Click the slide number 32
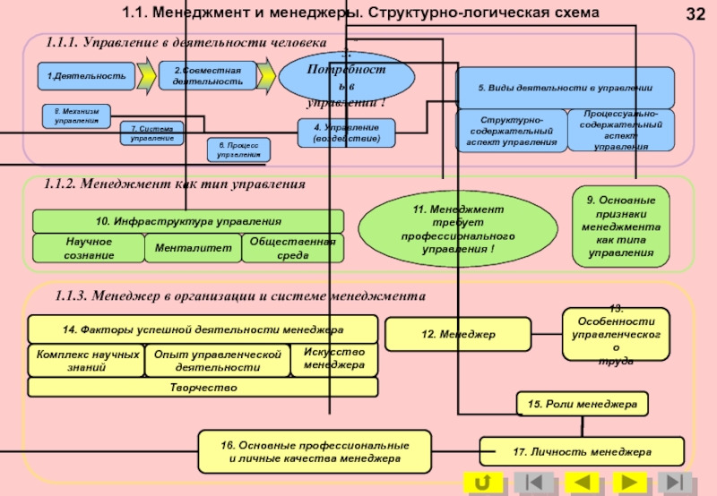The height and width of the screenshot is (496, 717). coord(695,14)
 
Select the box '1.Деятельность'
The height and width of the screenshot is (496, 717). coord(86,76)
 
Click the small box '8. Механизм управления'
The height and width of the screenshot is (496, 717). coord(76,116)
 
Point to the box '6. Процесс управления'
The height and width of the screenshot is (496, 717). coord(238,150)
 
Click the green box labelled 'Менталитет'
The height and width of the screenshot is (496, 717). coord(193,248)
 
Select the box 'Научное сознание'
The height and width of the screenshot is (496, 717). coord(88,248)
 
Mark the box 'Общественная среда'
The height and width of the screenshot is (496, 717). coord(292,248)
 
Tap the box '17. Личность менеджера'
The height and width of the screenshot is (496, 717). coord(582,451)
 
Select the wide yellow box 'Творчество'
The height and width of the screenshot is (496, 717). coord(203,388)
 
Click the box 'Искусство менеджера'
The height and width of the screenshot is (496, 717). coord(334,359)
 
